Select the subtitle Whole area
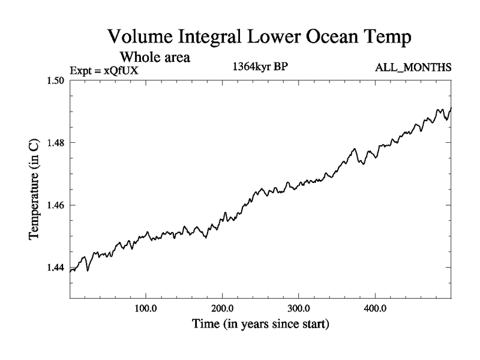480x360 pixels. (155, 58)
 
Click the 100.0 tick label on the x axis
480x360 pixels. (146, 310)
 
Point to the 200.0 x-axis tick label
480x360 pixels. (223, 310)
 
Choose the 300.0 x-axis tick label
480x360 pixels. (299, 310)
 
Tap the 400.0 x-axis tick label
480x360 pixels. (375, 310)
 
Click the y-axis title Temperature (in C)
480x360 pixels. (35, 190)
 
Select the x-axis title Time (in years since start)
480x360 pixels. (260, 326)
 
